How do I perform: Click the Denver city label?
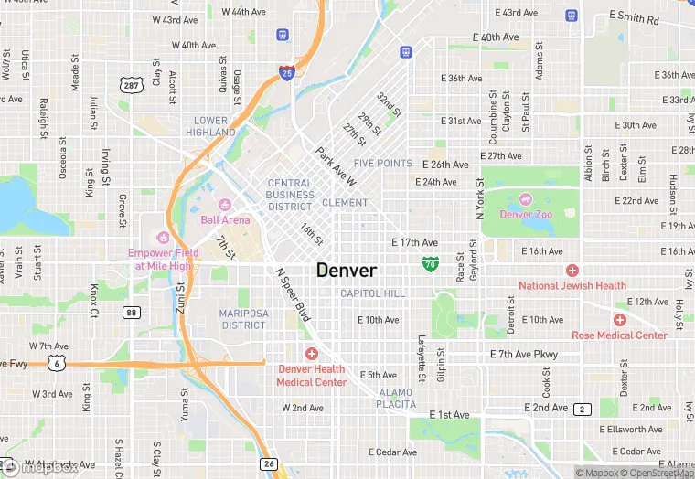point(347,271)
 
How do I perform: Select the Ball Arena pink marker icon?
point(225,203)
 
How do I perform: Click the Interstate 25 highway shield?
point(287,72)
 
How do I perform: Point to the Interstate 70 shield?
point(430,264)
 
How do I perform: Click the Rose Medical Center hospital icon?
point(620,320)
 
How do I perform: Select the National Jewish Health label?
point(572,285)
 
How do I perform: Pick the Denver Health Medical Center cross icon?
point(312,353)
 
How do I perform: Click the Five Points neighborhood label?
point(383,164)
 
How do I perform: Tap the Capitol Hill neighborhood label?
point(372,293)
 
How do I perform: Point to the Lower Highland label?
point(210,126)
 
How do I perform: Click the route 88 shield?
point(133,313)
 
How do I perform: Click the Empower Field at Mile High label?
point(164,260)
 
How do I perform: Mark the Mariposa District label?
point(243,319)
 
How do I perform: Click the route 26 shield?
point(268,464)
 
